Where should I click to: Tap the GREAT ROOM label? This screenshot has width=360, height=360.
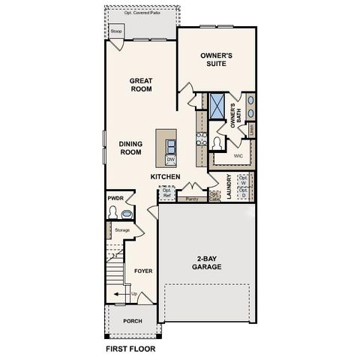coord(141,85)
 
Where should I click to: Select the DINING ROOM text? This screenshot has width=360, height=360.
coord(130,147)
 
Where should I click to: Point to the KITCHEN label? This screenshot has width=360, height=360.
coord(165,177)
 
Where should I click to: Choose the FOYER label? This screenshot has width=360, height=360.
coord(142,271)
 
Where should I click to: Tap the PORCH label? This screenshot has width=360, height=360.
coord(133,320)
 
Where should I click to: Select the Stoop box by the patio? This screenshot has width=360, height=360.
coord(115,31)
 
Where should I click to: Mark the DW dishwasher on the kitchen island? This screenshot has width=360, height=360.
coord(170,160)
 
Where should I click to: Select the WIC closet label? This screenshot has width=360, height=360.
coord(238,156)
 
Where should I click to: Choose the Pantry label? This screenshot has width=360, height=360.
coord(191,199)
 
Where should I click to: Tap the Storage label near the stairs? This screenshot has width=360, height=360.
coord(122,229)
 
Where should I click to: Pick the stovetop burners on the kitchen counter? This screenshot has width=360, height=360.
coord(200,138)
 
